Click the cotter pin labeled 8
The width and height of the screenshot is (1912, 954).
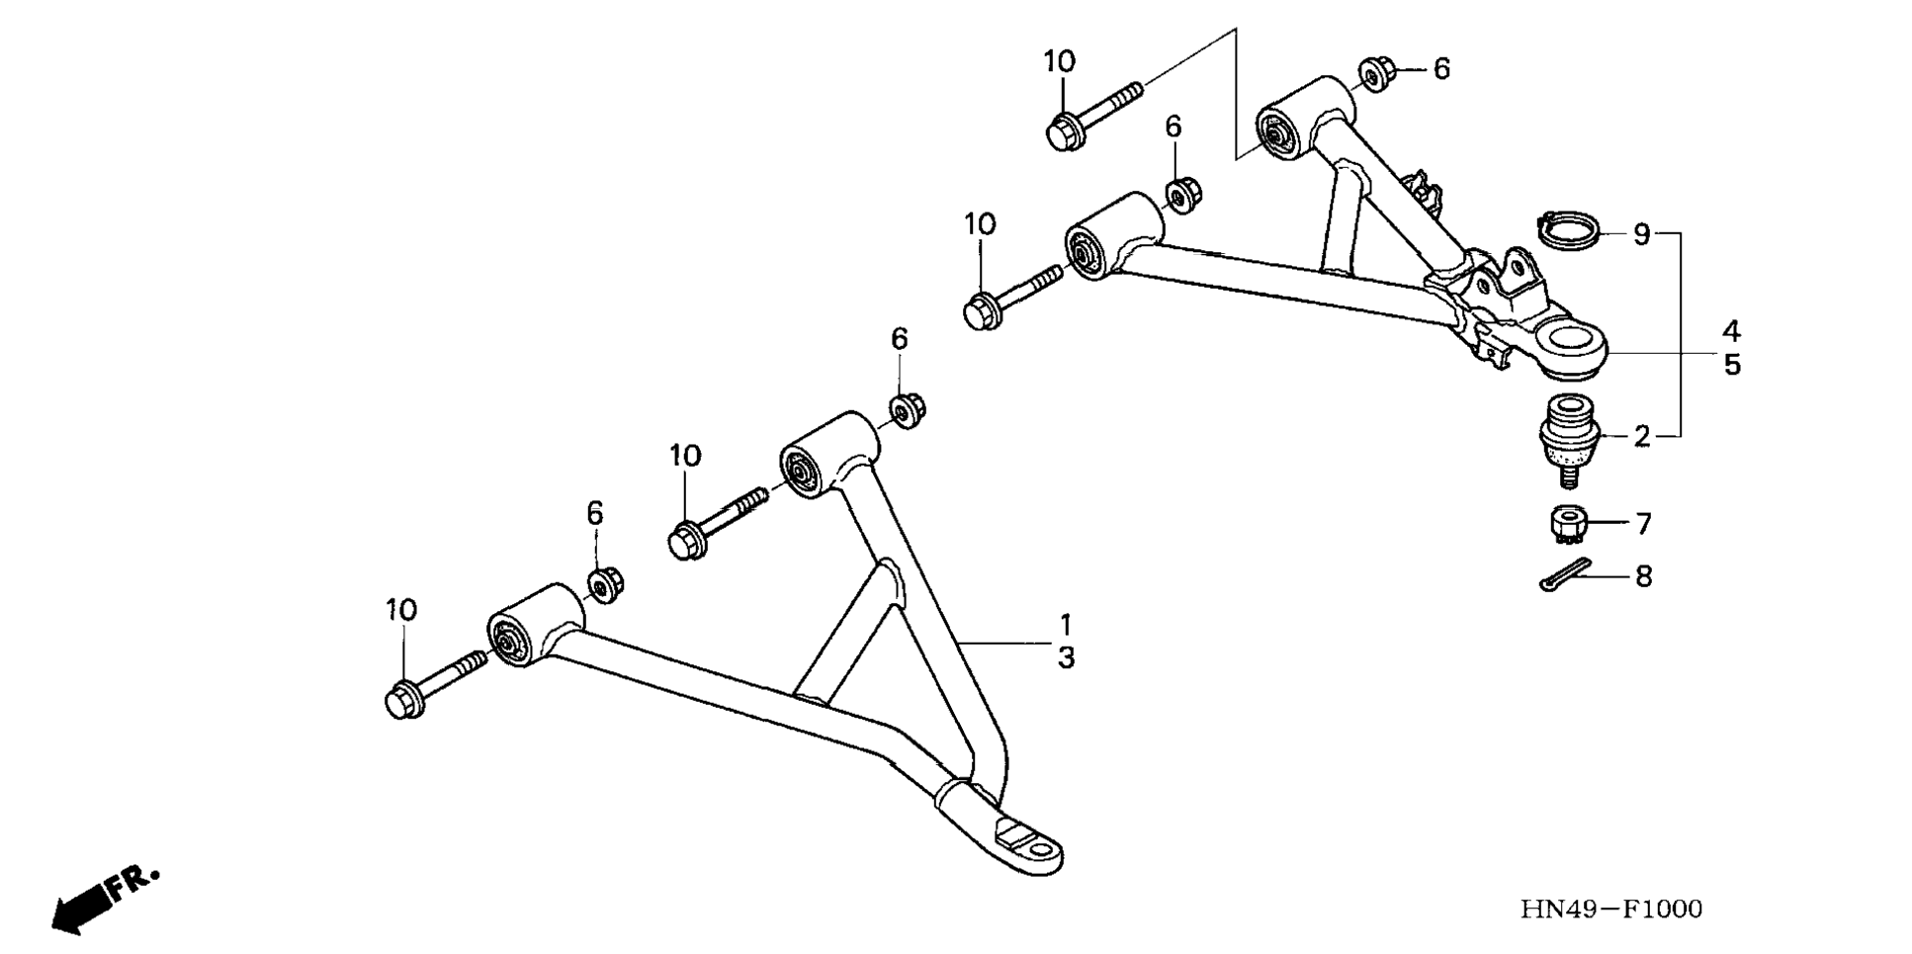1565,575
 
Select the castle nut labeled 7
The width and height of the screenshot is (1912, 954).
1567,523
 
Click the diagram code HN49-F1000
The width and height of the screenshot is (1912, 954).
1610,909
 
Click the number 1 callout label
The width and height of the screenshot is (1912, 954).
1066,625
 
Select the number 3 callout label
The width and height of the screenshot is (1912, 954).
1066,658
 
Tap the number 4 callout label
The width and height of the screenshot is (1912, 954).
1731,330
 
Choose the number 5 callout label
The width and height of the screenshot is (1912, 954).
1731,365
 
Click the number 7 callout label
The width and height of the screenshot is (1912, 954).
1643,523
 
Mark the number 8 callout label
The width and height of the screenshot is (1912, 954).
1643,576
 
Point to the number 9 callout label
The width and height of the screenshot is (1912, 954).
1641,235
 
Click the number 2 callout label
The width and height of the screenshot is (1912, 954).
1641,436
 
